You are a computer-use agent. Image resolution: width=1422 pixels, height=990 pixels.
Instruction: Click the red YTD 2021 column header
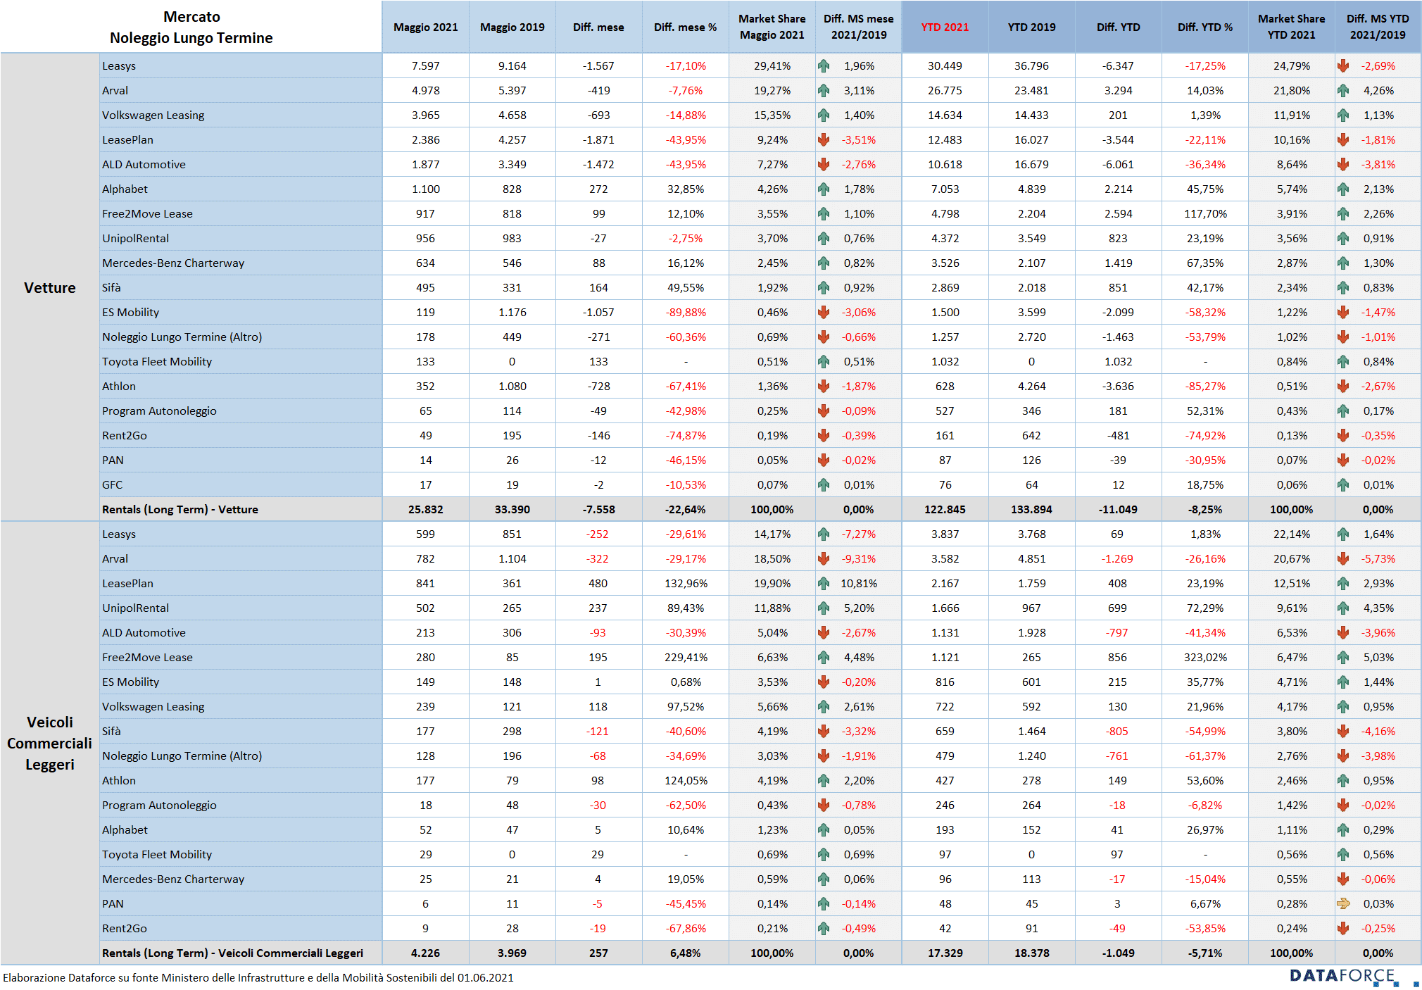coord(945,27)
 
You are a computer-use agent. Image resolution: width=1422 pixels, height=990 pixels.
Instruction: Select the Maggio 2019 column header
coord(512,27)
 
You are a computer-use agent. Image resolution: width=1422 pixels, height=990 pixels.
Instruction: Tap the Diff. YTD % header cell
coord(1204,27)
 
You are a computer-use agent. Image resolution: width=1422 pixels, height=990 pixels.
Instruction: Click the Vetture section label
coord(49,287)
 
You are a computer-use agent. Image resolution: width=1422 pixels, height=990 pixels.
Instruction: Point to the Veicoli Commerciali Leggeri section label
coord(49,743)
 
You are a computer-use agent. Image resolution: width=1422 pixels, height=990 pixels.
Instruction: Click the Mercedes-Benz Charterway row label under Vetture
coord(173,263)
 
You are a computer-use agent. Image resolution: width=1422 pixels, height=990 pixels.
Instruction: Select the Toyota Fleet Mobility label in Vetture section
coord(157,361)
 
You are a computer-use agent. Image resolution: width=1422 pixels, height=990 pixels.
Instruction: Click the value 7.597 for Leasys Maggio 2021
coord(425,65)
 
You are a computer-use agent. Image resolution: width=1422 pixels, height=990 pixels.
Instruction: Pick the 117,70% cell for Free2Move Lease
coord(1204,213)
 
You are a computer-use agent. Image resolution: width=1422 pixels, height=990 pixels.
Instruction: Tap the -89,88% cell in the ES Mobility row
coord(686,312)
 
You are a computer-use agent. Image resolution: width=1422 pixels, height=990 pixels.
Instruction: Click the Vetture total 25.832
coord(425,509)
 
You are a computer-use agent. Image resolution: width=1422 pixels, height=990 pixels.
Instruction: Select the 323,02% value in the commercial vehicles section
coord(1204,657)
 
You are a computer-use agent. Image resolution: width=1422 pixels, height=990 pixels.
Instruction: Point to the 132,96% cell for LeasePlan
coord(686,583)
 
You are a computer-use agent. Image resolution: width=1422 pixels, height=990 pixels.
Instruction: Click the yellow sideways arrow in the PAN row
coord(1343,903)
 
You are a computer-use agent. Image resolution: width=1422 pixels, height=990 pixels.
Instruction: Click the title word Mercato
coord(191,17)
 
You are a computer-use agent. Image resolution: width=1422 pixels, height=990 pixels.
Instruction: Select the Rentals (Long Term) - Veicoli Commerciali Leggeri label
coord(232,953)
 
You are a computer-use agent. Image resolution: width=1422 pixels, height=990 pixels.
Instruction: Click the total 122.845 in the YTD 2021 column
coord(945,509)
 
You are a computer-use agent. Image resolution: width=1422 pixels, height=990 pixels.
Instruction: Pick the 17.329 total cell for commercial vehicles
coord(945,953)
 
